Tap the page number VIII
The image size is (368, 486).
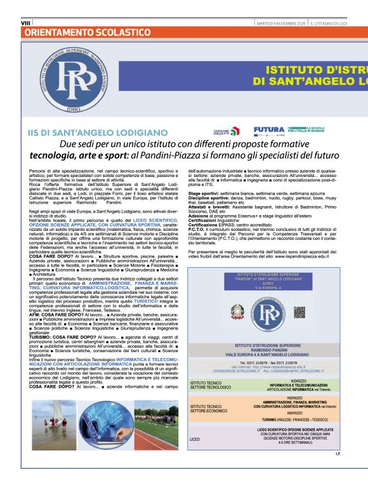[x=26, y=22]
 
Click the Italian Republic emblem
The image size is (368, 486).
[x=237, y=311]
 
